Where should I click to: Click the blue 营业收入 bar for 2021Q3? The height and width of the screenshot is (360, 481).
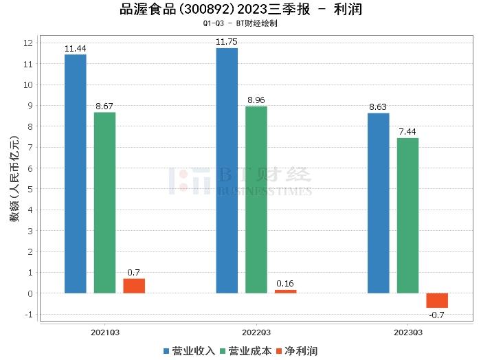point(76,174)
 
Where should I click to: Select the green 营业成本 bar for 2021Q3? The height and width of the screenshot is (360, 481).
point(104,203)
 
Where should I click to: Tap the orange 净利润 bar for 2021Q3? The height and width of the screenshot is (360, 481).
point(134,286)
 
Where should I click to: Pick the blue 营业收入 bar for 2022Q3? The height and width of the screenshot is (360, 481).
point(227,170)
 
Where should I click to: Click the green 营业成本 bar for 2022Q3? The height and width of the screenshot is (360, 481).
point(256,200)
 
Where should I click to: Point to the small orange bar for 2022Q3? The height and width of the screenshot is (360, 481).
point(286,291)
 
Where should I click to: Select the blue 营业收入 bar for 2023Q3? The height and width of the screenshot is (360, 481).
point(378,203)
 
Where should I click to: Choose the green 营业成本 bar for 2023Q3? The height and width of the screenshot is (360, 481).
point(407,216)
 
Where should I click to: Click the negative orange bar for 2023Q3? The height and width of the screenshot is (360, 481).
point(437,300)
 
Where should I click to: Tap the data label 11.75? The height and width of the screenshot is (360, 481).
point(227,41)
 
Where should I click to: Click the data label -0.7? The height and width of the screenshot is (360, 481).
point(437,315)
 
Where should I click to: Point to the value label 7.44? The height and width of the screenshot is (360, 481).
point(407,131)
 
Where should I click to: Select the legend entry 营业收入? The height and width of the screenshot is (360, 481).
point(190,351)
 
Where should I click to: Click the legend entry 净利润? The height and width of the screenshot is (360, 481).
point(296,351)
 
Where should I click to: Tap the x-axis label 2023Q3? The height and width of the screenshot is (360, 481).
point(407,333)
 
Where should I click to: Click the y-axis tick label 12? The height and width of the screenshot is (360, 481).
point(28,43)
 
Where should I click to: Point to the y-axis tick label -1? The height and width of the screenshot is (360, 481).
point(28,315)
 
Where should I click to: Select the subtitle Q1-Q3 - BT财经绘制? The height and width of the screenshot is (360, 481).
point(240,23)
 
